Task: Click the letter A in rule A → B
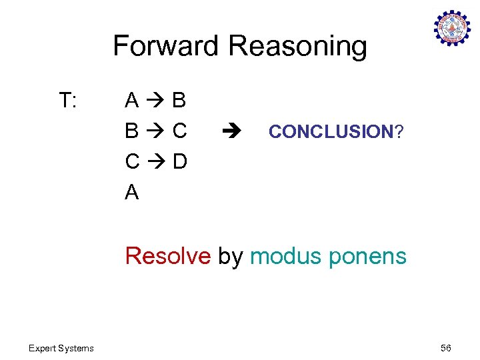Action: point(132,101)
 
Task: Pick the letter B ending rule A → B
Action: point(179,101)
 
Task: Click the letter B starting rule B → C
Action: point(132,131)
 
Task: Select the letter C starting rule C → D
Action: point(132,162)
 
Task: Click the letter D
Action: point(179,162)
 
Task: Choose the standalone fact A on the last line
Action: point(132,193)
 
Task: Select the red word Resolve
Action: point(167,256)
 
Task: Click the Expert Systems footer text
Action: point(61,348)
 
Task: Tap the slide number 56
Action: point(445,348)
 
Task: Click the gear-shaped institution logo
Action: point(452,27)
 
